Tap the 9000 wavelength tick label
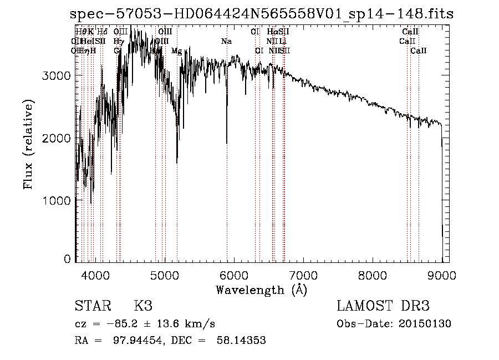pyautogui.click(x=441, y=275)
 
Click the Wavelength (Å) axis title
pyautogui.click(x=261, y=290)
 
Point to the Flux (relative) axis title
pyautogui.click(x=28, y=144)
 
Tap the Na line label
pyautogui.click(x=226, y=41)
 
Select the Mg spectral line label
pyautogui.click(x=176, y=51)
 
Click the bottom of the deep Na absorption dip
pyautogui.click(x=227, y=143)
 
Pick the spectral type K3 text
pyautogui.click(x=143, y=306)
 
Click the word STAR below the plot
pyautogui.click(x=91, y=306)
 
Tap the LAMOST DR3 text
pyautogui.click(x=383, y=306)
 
